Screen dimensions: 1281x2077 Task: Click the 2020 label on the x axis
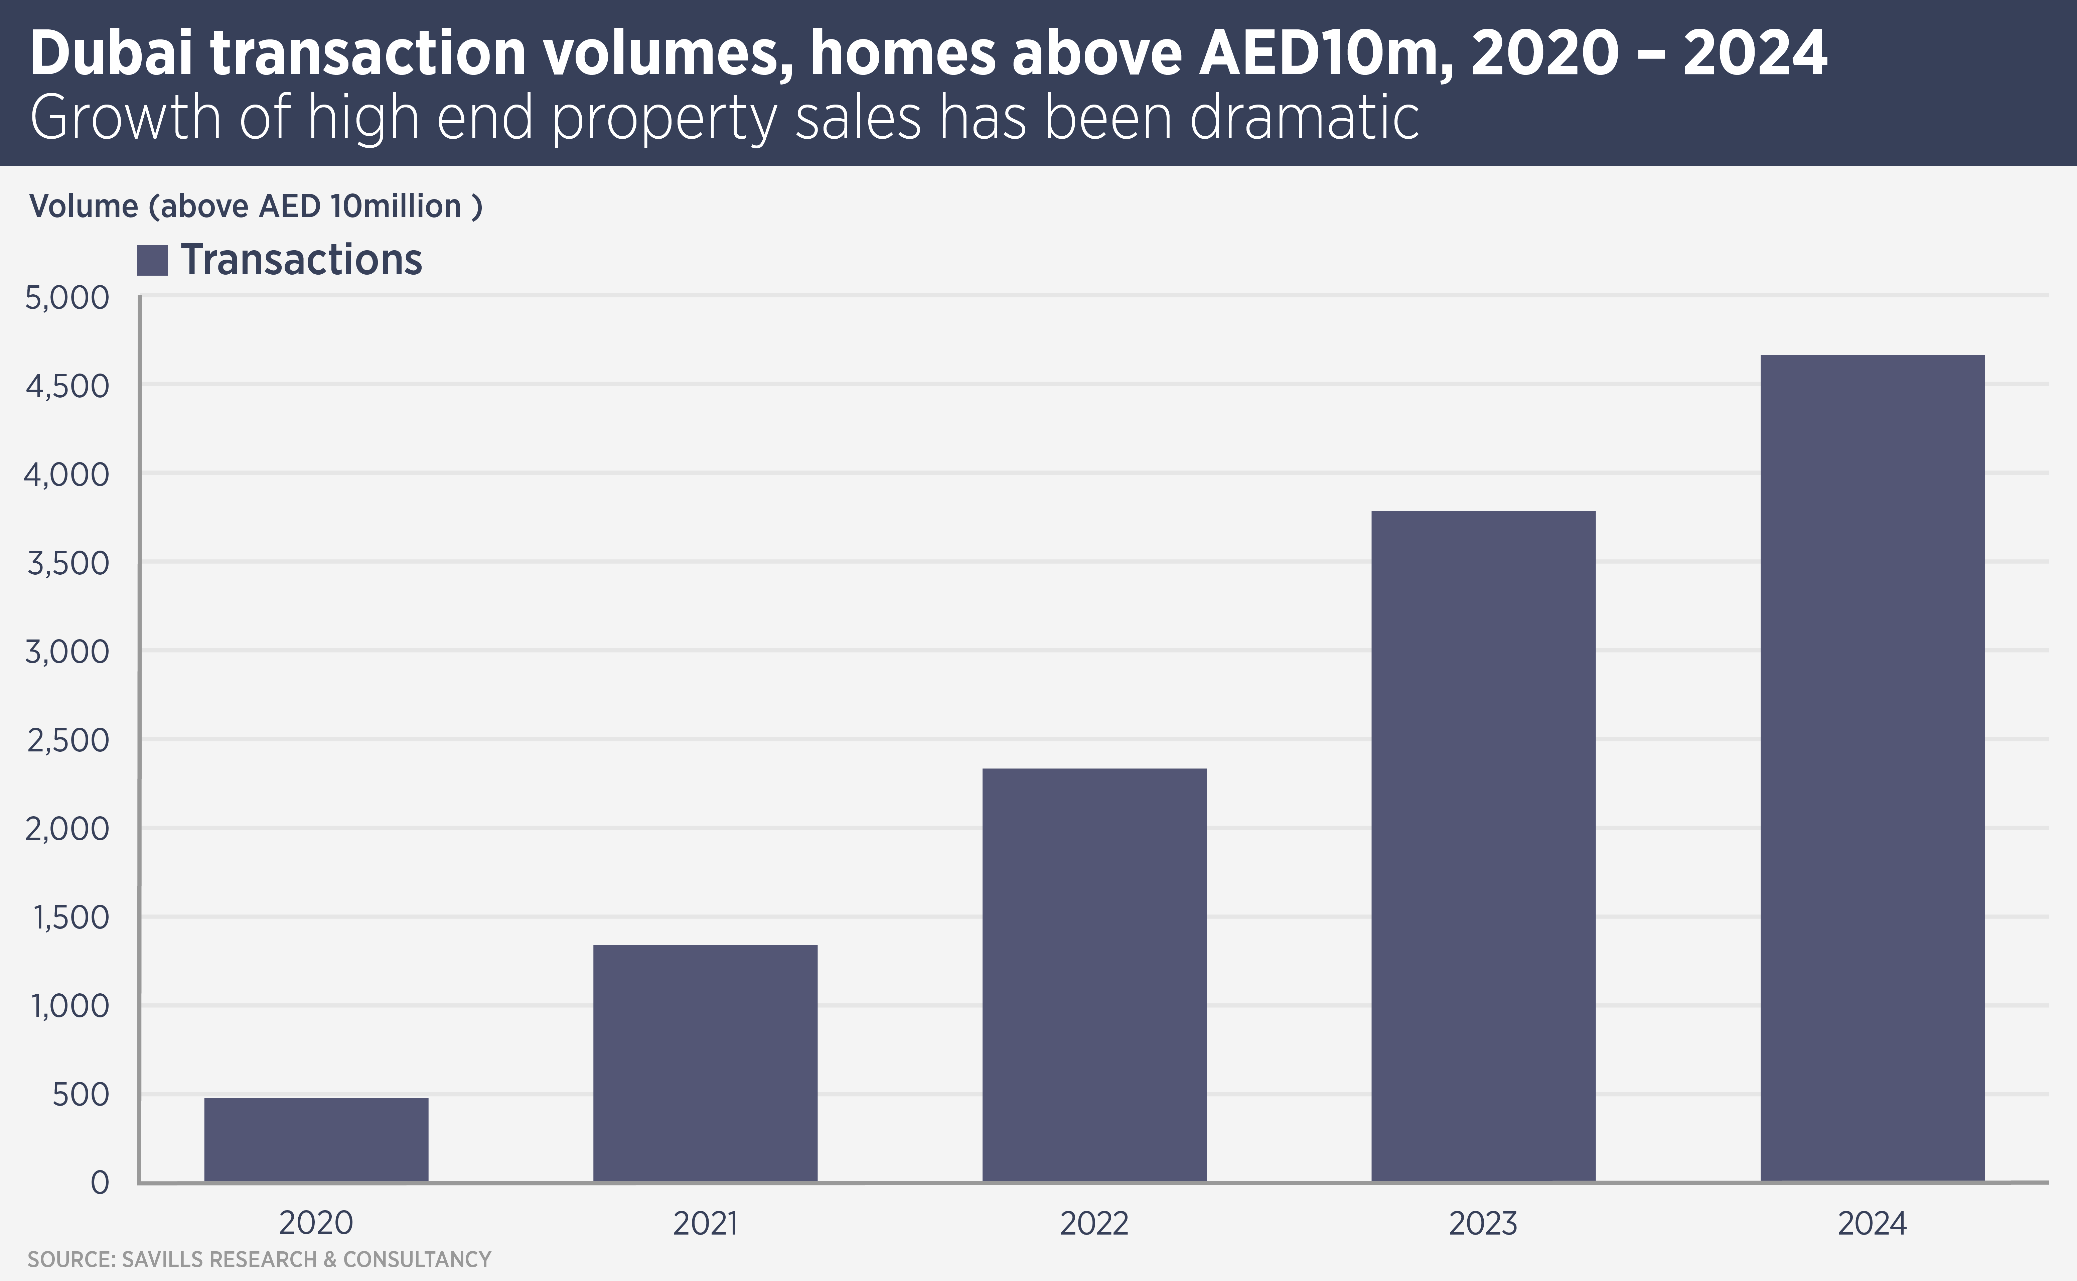(316, 1224)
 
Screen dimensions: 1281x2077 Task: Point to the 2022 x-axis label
(1093, 1224)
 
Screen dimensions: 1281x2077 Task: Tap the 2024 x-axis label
(1872, 1224)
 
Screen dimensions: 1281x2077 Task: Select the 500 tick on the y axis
(81, 1095)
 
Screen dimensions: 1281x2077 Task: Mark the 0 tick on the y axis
(100, 1183)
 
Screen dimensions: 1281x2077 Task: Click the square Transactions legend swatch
(152, 260)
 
